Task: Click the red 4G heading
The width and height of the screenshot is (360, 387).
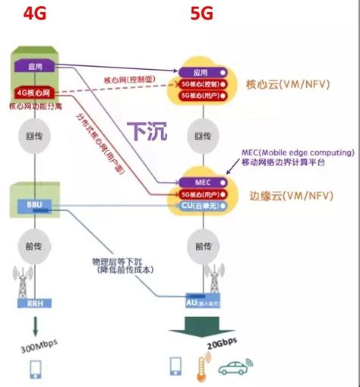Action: pyautogui.click(x=36, y=14)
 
